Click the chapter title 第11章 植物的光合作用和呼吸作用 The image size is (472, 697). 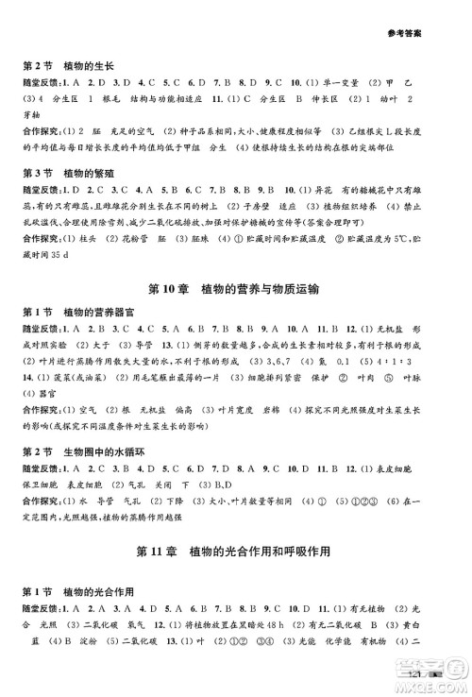click(x=236, y=552)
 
